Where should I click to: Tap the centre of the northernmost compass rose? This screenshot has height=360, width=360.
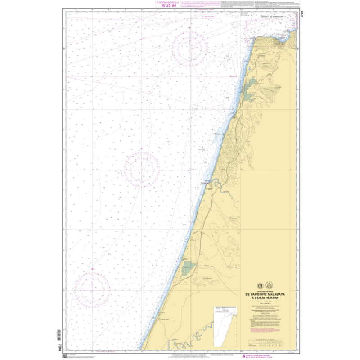pos(189,46)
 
